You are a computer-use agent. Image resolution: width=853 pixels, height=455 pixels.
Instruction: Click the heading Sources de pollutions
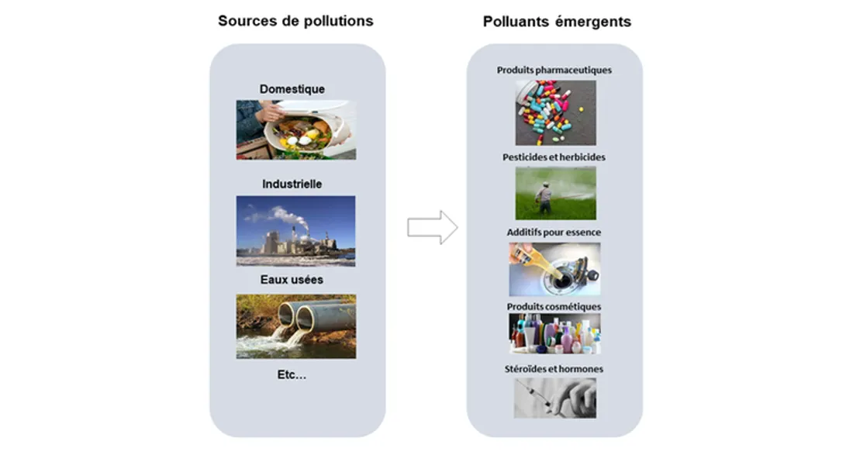tap(295, 21)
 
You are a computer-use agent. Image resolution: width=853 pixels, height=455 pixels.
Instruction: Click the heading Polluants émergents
tap(557, 22)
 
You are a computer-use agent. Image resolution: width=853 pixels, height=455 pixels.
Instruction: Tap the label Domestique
tap(292, 89)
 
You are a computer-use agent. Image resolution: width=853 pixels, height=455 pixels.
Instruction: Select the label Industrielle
tap(292, 184)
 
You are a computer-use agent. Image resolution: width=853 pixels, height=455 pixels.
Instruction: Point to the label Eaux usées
tap(292, 279)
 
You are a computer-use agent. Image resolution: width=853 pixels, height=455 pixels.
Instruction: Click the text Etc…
tap(292, 374)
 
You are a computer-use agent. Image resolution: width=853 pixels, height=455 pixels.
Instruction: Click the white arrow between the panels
tap(432, 227)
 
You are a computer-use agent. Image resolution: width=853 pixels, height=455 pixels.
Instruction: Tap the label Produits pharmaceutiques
tap(554, 70)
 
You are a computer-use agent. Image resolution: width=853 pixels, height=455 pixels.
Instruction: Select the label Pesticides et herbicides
tap(554, 157)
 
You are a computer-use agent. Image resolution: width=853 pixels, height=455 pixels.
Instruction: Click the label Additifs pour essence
tap(554, 232)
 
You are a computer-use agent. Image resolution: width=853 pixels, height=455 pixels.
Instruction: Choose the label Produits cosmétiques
tap(554, 306)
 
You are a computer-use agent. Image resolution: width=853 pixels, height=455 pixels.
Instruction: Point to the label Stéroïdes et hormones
tap(554, 369)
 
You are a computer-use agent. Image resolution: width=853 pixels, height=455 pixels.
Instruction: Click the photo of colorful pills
tap(555, 113)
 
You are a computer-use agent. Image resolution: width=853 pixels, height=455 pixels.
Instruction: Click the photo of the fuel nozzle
tap(554, 269)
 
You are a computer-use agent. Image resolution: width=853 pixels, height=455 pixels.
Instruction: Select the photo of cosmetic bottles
tap(554, 334)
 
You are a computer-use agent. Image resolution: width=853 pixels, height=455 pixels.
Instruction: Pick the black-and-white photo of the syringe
tap(554, 398)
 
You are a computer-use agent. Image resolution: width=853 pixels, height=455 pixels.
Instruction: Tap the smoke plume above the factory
tap(283, 215)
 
